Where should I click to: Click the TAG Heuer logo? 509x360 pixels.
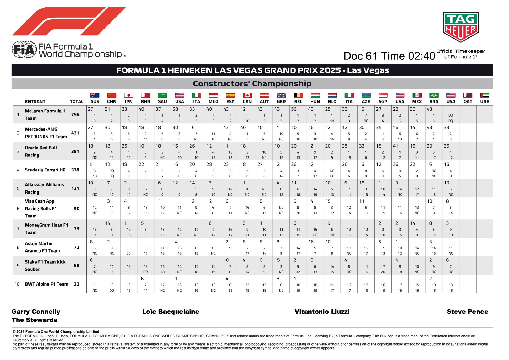pos(461,27)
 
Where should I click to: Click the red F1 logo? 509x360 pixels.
pos(69,21)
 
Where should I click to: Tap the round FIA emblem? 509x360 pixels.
pos(24,49)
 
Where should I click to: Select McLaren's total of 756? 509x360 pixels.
pos(75,114)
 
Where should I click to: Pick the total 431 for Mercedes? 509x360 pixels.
pos(75,133)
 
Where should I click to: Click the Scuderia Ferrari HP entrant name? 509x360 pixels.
pos(45,170)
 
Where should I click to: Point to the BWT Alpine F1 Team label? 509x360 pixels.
pos(46,284)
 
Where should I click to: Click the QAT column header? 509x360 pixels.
pos(468,102)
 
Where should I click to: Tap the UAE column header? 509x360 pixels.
pos(484,102)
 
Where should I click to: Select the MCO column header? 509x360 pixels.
pos(213,102)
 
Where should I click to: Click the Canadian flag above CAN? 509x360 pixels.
pos(247,95)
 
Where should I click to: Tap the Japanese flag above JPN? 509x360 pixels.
pos(129,95)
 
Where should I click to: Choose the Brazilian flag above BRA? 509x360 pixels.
pos(434,95)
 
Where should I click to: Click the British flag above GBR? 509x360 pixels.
pos(281,95)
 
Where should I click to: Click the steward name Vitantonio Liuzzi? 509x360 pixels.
pos(322,312)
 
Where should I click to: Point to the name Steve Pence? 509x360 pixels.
pos(467,312)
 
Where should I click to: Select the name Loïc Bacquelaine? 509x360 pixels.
pos(171,312)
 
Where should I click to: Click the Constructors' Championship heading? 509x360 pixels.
pos(252,84)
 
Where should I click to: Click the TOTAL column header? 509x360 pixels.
pos(76,102)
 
